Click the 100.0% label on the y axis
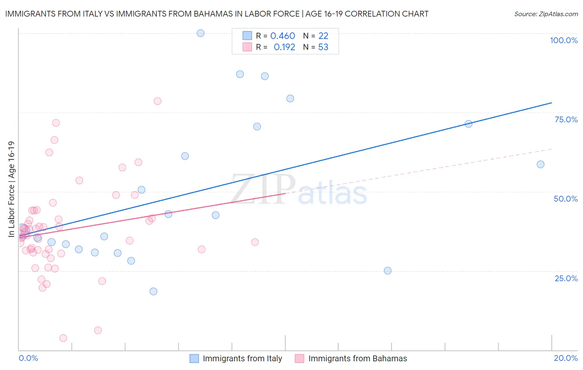tap(564, 40)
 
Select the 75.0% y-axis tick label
tap(566, 119)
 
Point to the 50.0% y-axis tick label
tap(566, 199)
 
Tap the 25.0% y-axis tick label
tap(566, 278)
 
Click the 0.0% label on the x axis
tap(28, 358)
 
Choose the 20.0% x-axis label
tap(566, 358)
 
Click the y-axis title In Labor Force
tap(11, 189)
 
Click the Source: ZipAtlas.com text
tap(546, 14)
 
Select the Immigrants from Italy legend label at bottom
tap(242, 358)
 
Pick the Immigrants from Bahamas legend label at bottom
tap(357, 358)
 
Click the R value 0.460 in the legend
tap(282, 36)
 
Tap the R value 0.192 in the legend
tap(284, 47)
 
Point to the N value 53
tap(323, 47)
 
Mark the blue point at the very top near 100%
tap(201, 33)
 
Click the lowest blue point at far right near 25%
tap(388, 271)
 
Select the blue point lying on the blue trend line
tap(469, 124)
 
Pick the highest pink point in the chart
tap(158, 101)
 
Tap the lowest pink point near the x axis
tap(63, 338)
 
